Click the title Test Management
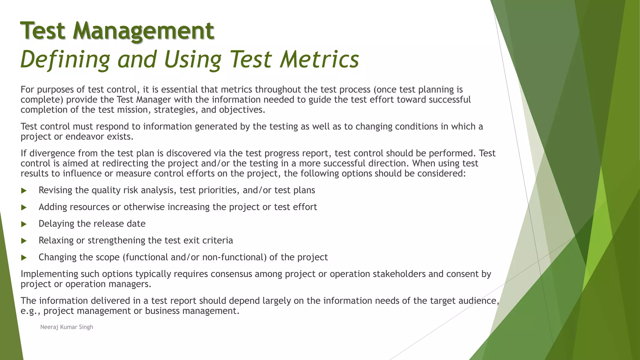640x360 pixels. (x=117, y=31)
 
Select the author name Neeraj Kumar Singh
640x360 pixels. (x=67, y=327)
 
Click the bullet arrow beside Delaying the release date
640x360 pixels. (x=24, y=224)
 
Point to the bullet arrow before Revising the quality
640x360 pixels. (x=24, y=191)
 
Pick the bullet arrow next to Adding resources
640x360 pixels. (x=24, y=207)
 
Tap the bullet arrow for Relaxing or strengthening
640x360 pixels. (x=24, y=241)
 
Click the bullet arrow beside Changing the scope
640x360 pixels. (x=24, y=257)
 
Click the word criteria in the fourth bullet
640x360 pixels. (x=218, y=240)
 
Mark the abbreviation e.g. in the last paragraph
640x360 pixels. (x=30, y=311)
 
